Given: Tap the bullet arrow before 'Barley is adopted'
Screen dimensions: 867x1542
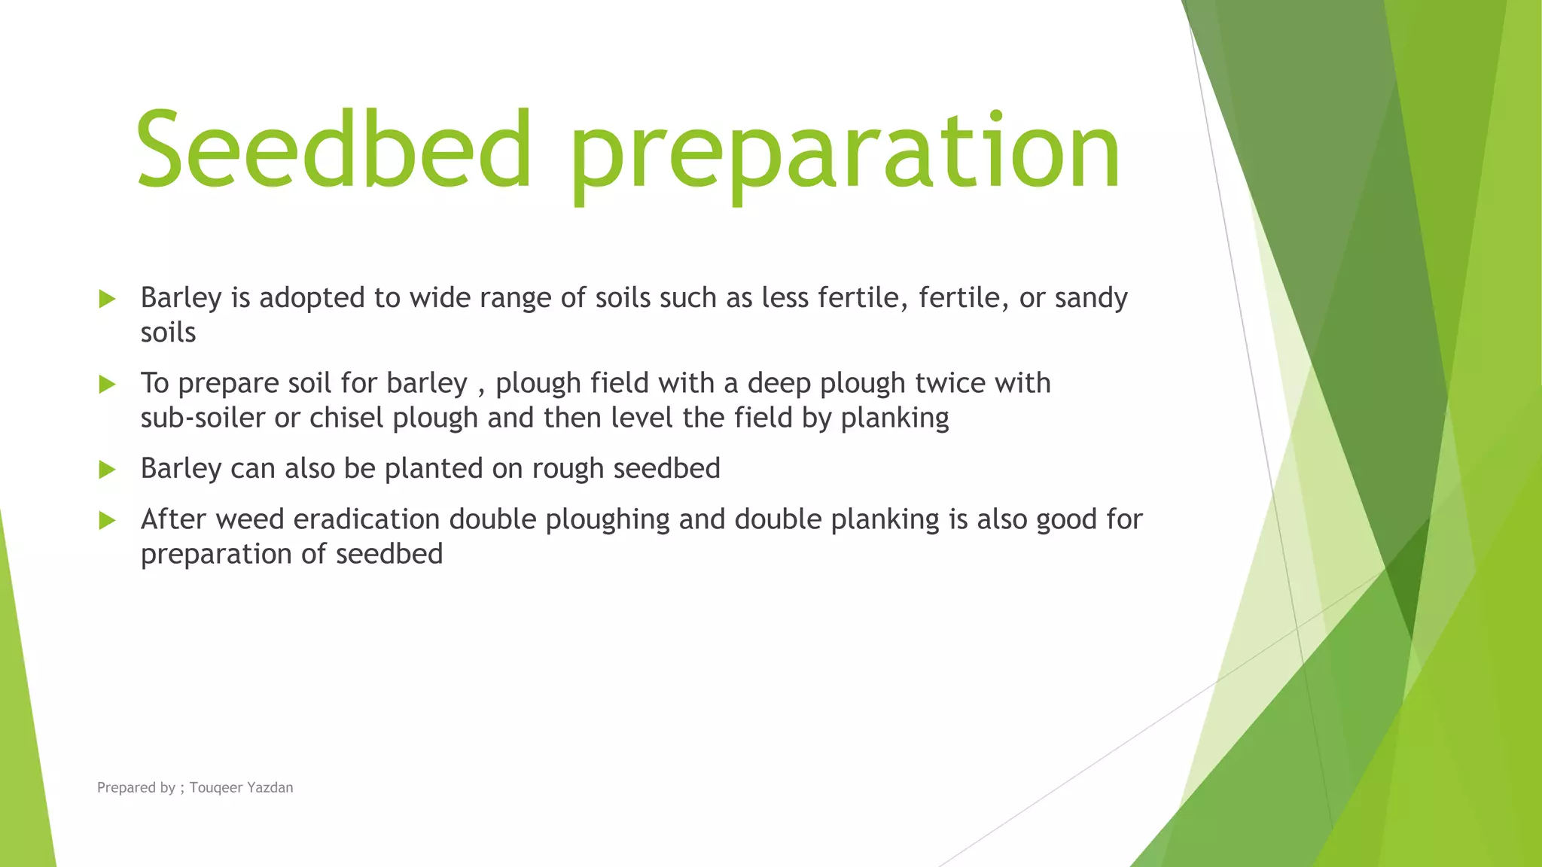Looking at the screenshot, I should click(107, 299).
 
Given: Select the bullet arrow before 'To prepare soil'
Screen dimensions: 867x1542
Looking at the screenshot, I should click(107, 385).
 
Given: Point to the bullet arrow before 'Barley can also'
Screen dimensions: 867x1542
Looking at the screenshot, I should click(107, 470).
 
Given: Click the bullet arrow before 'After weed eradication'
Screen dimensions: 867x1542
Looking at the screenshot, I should click(107, 520).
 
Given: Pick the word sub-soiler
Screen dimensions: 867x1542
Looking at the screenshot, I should click(203, 418).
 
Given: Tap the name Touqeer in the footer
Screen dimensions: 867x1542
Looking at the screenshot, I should click(215, 788).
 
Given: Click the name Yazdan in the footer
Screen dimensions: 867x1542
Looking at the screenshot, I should click(270, 788).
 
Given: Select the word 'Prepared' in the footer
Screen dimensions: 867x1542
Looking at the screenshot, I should click(126, 788).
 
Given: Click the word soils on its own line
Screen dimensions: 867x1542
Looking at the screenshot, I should click(168, 333).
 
